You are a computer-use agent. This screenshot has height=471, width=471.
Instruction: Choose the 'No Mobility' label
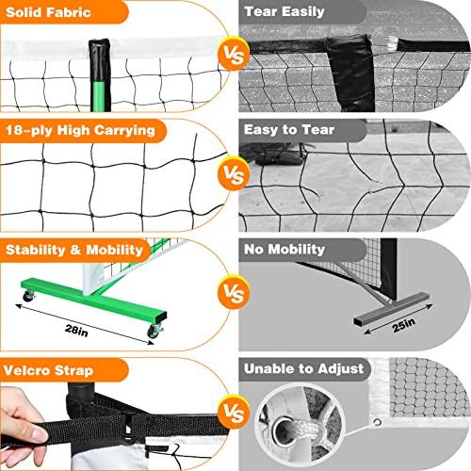285,250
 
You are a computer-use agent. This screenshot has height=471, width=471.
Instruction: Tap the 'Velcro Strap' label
53,369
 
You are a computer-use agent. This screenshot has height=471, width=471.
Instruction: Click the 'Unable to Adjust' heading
300,369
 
